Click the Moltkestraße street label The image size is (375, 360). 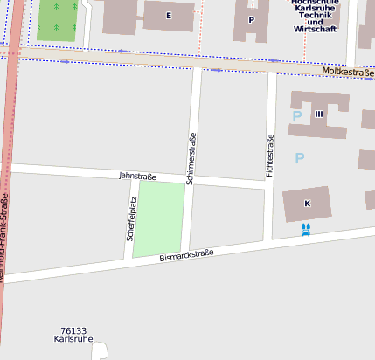(x=347, y=72)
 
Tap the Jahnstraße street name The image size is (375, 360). (x=136, y=177)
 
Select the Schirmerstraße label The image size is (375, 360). (x=191, y=158)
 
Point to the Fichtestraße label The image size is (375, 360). (x=270, y=156)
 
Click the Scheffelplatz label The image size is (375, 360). (x=132, y=218)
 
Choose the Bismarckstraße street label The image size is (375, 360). (x=186, y=256)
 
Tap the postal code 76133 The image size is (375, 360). (x=73, y=331)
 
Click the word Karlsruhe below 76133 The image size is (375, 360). (x=74, y=341)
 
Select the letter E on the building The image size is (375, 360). (x=169, y=16)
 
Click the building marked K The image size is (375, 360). (x=307, y=204)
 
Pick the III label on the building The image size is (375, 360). (x=319, y=114)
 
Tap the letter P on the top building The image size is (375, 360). (x=252, y=19)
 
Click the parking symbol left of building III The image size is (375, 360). (x=297, y=115)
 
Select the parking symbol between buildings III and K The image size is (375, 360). (x=300, y=158)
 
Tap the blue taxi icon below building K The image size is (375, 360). (x=305, y=230)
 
